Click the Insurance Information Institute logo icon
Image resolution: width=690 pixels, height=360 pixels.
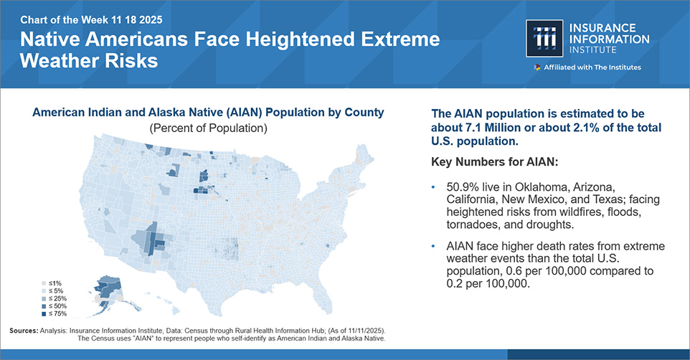(544, 38)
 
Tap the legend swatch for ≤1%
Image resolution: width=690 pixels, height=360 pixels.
(44, 283)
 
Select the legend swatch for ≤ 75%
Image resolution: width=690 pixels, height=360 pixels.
(44, 314)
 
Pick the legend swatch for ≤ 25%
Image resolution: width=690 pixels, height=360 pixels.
(44, 298)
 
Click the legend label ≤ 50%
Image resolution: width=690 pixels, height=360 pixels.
(57, 306)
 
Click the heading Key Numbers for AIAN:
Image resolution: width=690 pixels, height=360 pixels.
(495, 162)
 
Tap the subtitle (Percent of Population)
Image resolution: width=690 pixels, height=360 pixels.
(208, 128)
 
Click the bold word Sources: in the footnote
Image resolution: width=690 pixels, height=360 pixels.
(24, 331)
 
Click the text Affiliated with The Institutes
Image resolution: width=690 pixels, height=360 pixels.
(592, 67)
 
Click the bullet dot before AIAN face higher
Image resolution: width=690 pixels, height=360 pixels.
(433, 246)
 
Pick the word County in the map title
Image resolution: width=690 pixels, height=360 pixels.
(364, 113)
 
